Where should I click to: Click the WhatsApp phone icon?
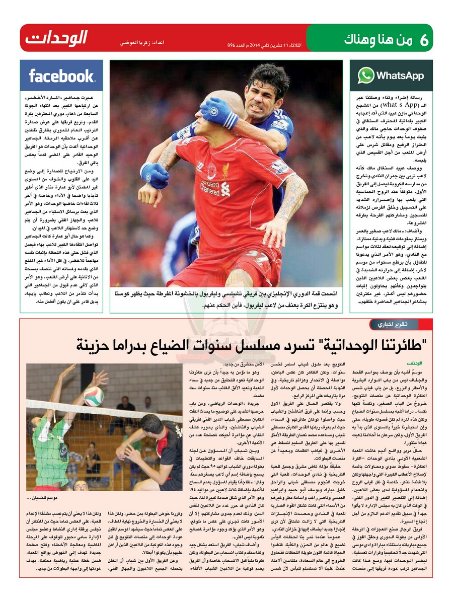pyautogui.click(x=366, y=75)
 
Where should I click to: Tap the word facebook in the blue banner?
pyautogui.click(x=61, y=76)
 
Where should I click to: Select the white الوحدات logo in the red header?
pyautogui.click(x=56, y=38)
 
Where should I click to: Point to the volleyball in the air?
pyautogui.click(x=93, y=396)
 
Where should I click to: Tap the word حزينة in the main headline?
pyautogui.click(x=97, y=345)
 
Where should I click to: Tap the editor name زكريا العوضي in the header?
pyautogui.click(x=132, y=44)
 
